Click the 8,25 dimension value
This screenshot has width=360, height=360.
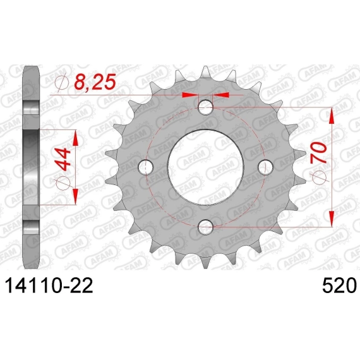point(95,82)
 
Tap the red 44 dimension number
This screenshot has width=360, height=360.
point(63,159)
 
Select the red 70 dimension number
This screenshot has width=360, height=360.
point(318,152)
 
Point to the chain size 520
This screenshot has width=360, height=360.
point(339,285)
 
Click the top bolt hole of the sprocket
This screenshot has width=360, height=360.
point(205,107)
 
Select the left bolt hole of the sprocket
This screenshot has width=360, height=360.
point(146,167)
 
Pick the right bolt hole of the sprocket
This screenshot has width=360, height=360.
point(265,167)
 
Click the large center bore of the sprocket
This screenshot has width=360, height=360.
point(205,167)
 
